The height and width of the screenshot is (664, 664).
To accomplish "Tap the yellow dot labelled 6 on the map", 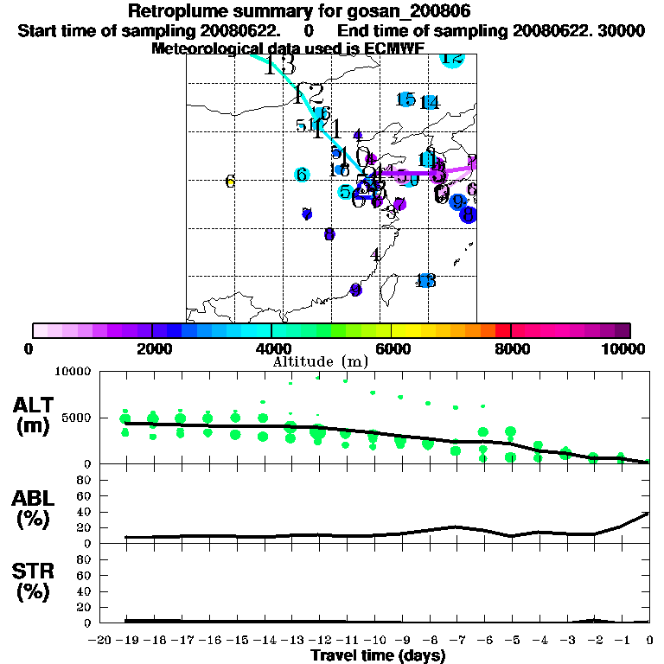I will [x=230, y=181].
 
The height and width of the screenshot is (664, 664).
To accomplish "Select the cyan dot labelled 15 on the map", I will [x=405, y=99].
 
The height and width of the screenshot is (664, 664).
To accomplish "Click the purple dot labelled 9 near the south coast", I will [x=354, y=290].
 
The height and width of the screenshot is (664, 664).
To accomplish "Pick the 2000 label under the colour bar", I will [x=152, y=348].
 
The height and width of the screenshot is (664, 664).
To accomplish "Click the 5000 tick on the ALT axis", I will [x=77, y=418].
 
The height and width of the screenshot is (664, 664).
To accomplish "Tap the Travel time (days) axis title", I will [x=378, y=655].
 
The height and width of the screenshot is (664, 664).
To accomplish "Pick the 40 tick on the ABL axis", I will [x=84, y=512].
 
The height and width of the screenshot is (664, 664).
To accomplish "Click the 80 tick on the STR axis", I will [x=84, y=559].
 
